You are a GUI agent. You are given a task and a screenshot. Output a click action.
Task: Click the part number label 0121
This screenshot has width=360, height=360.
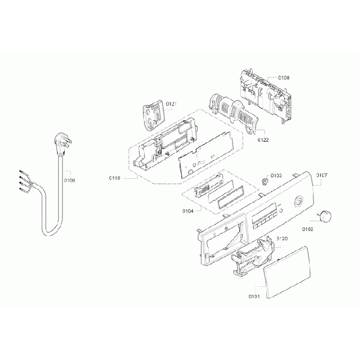coord(171,104)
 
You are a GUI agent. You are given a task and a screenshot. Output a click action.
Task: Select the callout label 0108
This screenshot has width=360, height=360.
coord(284,78)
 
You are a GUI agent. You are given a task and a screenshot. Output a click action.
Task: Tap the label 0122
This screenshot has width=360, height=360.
coord(263,140)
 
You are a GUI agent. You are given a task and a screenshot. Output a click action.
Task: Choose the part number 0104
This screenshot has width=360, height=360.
coord(188,211)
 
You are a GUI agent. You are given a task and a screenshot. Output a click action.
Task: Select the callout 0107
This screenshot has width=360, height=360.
coord(322,176)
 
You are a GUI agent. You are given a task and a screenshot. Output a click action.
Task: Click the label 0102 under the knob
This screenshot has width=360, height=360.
coord(308,229)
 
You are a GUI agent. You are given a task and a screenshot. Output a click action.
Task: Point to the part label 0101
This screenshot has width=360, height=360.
coord(255,296)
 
